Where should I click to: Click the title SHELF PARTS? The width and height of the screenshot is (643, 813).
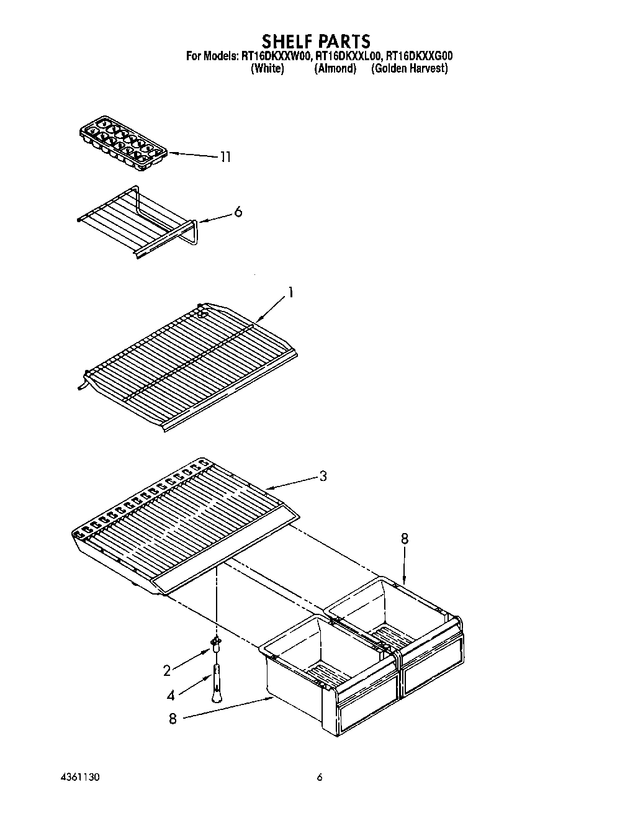[x=316, y=41]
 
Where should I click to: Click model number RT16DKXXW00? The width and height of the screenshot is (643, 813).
[x=274, y=56]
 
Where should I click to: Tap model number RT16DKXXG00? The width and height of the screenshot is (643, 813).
[x=419, y=56]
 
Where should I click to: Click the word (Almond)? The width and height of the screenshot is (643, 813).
[x=335, y=69]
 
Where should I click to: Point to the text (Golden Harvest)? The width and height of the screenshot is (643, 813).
[x=409, y=69]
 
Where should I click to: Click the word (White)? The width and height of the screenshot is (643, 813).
[x=268, y=69]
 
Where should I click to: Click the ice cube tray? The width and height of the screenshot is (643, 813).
[x=124, y=143]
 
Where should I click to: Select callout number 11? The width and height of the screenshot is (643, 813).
[x=225, y=157]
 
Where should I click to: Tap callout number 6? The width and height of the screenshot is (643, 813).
[x=238, y=212]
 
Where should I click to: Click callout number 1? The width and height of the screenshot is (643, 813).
[x=290, y=293]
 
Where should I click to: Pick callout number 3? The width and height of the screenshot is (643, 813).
[x=323, y=477]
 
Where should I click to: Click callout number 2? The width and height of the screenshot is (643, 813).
[x=166, y=670]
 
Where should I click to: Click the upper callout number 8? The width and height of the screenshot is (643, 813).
[x=405, y=539]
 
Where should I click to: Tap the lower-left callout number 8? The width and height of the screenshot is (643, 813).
[x=173, y=719]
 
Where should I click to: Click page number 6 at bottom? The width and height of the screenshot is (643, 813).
[x=320, y=777]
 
